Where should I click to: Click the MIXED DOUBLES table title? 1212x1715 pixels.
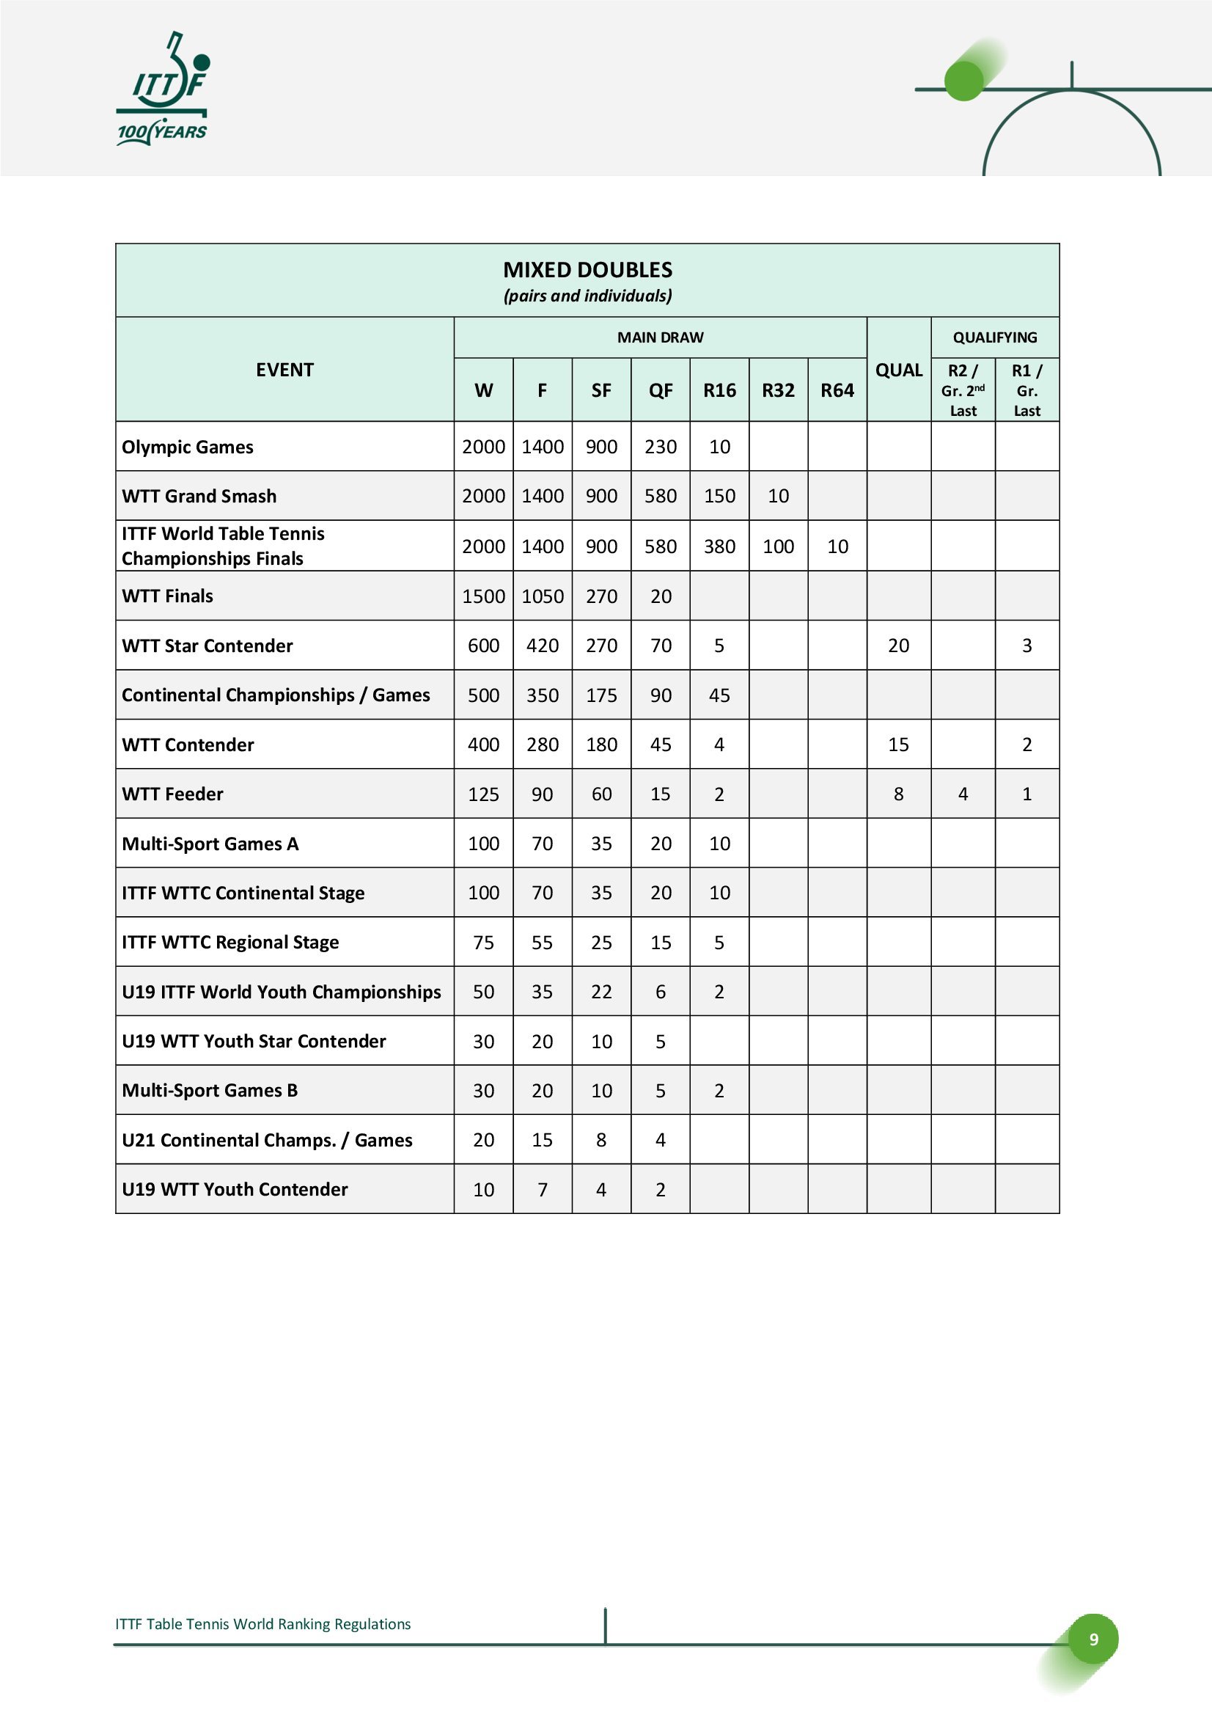click(588, 270)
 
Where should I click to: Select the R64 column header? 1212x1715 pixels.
click(837, 390)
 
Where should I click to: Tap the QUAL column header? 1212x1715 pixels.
click(898, 370)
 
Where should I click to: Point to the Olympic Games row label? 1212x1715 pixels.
click(188, 447)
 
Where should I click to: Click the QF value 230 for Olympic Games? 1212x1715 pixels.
click(660, 447)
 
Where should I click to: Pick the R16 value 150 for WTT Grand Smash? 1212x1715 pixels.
click(719, 496)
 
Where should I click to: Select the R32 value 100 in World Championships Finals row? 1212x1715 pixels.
click(778, 546)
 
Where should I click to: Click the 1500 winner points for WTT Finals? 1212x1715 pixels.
click(483, 596)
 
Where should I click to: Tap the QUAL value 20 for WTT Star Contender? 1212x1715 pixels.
click(898, 646)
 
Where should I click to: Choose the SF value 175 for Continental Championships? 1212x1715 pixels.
click(601, 695)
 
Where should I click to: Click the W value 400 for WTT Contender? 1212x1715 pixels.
click(483, 745)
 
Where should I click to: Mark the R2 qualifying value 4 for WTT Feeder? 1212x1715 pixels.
click(963, 794)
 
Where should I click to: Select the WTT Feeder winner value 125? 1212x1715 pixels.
click(483, 794)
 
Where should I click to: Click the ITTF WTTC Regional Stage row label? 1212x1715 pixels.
click(230, 942)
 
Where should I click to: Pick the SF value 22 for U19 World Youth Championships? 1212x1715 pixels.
click(601, 992)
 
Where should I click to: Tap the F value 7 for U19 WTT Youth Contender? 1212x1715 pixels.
click(542, 1189)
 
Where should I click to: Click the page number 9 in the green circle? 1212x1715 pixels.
click(1093, 1639)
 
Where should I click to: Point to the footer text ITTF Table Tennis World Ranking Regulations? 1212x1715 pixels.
click(263, 1623)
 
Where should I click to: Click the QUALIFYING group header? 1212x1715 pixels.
click(995, 337)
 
